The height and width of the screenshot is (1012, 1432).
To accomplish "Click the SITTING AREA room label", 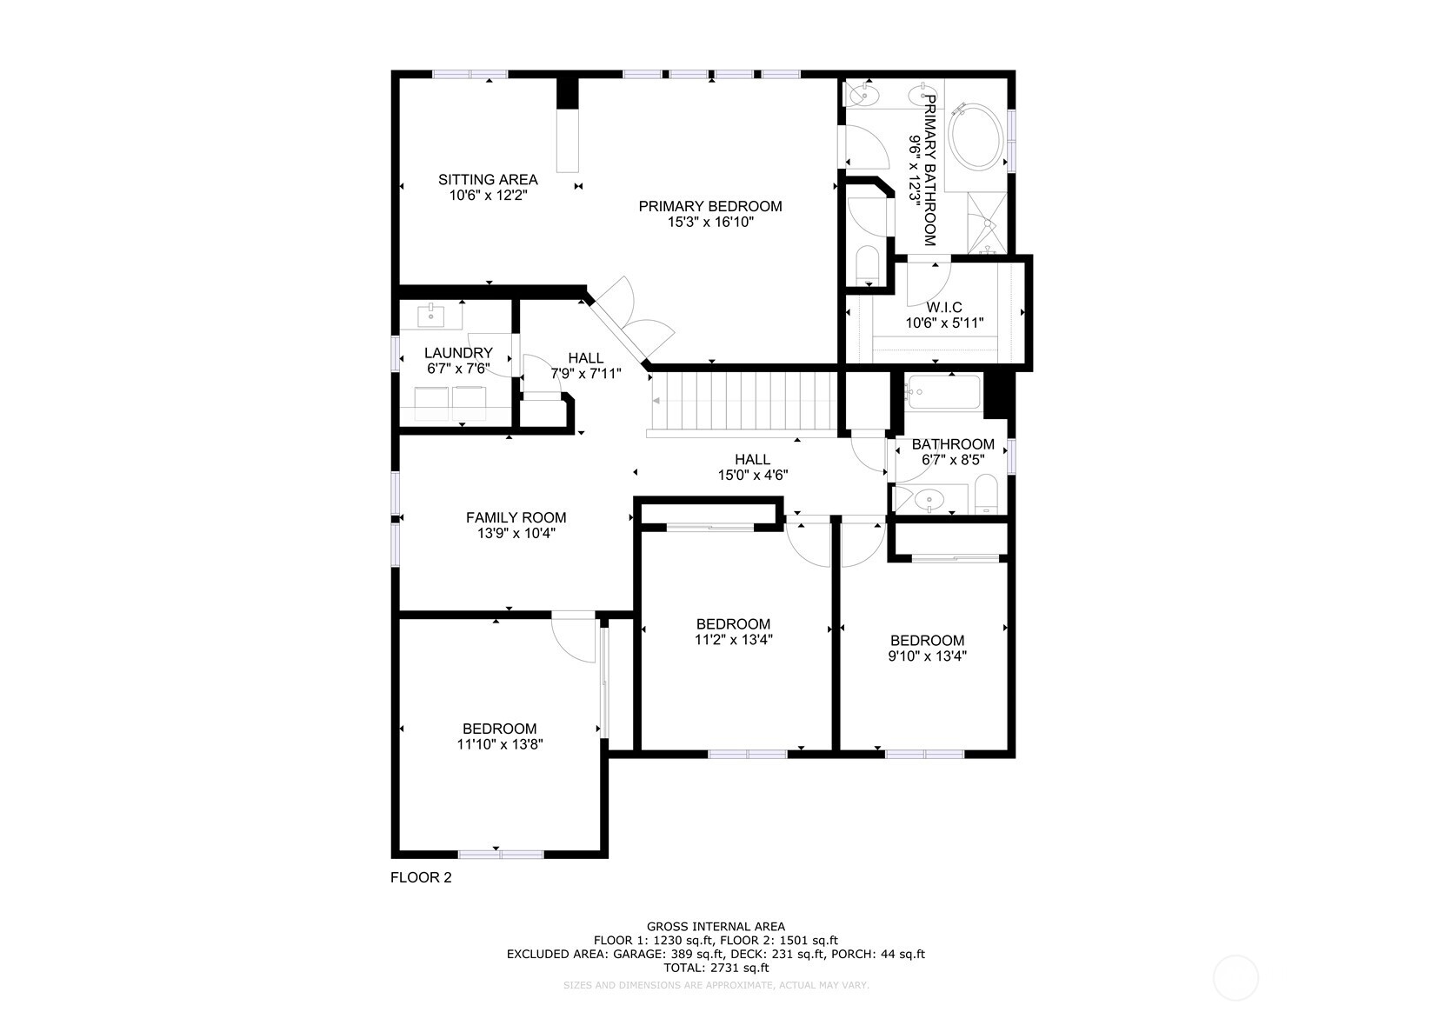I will [488, 180].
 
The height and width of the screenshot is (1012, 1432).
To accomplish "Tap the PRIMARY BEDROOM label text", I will [709, 206].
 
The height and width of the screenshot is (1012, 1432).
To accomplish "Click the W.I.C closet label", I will [943, 308].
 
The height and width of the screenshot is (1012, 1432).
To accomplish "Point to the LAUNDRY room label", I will [458, 353].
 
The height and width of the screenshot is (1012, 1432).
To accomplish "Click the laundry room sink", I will [431, 315].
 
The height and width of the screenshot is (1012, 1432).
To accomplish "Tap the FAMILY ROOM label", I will [516, 518].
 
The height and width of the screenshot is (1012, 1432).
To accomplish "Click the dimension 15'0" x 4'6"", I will [752, 476].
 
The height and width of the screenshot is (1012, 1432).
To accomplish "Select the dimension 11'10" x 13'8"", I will [500, 744].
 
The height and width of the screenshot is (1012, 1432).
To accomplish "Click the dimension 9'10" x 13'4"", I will [927, 656].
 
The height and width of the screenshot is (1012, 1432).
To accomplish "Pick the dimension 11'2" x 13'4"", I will [733, 640].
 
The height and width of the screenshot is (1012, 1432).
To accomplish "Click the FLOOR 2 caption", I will [421, 878].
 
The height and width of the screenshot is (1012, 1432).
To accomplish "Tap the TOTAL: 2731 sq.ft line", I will [716, 968].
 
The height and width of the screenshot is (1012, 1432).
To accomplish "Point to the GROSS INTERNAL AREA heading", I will [716, 927].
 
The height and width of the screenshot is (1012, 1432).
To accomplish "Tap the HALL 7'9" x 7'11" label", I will [586, 366].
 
